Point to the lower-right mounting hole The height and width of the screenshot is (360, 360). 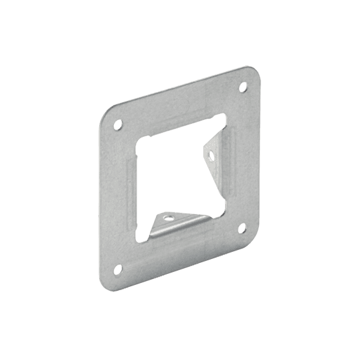243,226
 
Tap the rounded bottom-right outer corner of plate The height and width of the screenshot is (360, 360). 255,239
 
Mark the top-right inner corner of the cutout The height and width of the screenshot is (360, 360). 224,116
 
